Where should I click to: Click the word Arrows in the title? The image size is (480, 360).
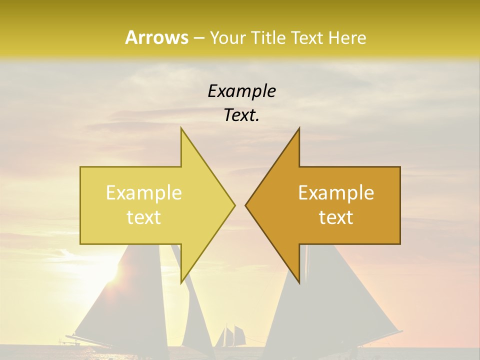pyautogui.click(x=156, y=37)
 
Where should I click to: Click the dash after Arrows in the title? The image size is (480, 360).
pyautogui.click(x=198, y=38)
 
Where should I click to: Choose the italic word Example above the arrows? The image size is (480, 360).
pyautogui.click(x=241, y=91)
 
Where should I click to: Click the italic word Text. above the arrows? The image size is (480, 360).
pyautogui.click(x=241, y=115)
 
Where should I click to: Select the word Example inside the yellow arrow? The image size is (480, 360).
pyautogui.click(x=144, y=192)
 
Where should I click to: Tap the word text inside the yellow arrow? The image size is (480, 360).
pyautogui.click(x=144, y=217)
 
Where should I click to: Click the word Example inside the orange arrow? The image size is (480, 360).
pyautogui.click(x=336, y=192)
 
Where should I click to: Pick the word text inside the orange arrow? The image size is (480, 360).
pyautogui.click(x=336, y=217)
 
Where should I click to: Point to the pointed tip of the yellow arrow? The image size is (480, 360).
pyautogui.click(x=234, y=205)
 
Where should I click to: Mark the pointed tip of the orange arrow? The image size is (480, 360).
pyautogui.click(x=245, y=205)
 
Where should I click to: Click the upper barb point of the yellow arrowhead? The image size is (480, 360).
pyautogui.click(x=181, y=128)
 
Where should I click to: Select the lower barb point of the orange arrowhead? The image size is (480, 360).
pyautogui.click(x=299, y=283)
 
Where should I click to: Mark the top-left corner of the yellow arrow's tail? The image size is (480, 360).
pyautogui.click(x=80, y=167)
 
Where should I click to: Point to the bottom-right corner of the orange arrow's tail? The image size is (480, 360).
pyautogui.click(x=400, y=244)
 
